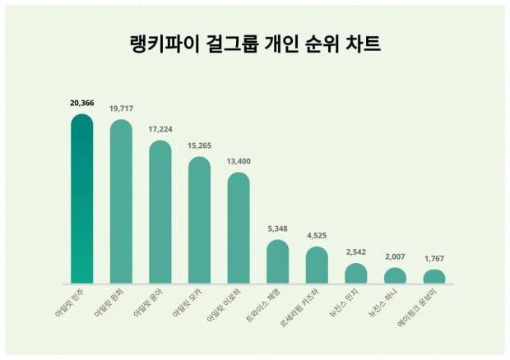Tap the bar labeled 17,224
160,212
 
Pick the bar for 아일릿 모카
199,220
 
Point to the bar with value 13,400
239,228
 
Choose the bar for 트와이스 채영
277,261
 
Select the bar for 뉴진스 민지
355,273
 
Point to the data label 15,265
199,144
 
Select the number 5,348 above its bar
277,228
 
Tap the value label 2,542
355,252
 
